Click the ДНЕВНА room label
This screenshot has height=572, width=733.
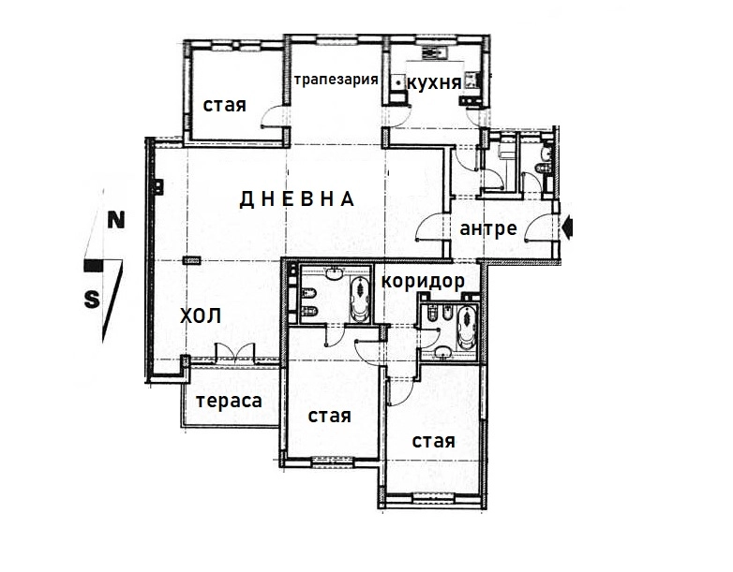tap(296, 199)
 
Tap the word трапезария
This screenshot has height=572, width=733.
tap(337, 80)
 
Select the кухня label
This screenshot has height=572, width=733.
tap(434, 83)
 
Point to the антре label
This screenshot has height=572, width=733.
tap(488, 228)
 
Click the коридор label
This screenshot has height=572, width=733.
tap(423, 281)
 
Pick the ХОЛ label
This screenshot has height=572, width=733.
tap(201, 316)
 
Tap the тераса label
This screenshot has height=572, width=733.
tap(229, 401)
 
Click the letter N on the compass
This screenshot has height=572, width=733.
tap(116, 220)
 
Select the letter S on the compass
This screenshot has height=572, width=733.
tap(92, 299)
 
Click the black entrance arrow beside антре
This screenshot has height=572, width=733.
tap(568, 228)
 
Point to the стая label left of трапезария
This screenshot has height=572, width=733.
tap(224, 105)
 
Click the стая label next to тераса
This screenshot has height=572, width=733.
tap(330, 416)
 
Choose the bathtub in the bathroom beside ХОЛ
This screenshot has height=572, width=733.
tap(359, 299)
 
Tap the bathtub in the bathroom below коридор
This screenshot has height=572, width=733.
tap(466, 328)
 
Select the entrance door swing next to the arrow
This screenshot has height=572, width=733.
tap(539, 227)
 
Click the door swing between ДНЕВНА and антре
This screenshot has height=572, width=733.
tap(430, 227)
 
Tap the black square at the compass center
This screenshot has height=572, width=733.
tap(93, 266)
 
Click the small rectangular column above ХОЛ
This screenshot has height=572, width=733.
tap(191, 259)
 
